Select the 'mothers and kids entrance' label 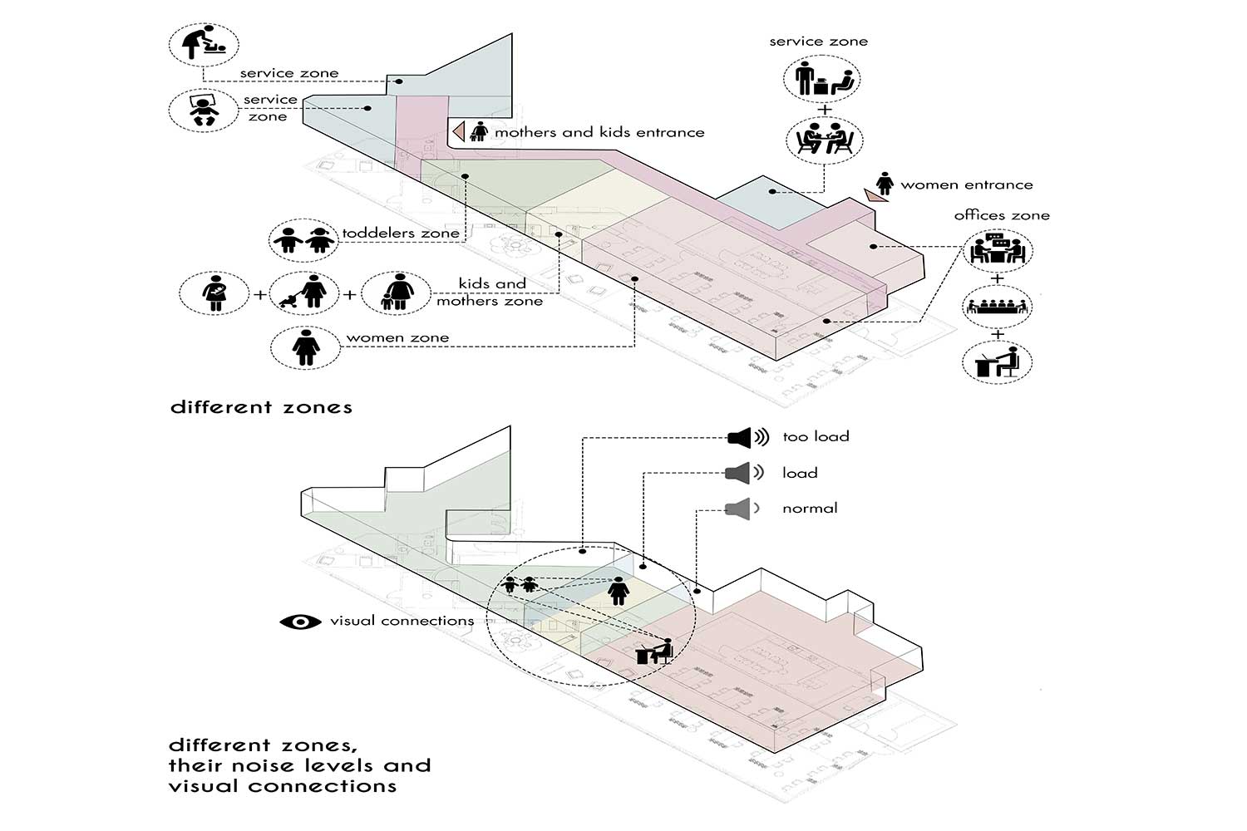point(599,132)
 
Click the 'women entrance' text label point(966,184)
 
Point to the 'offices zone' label point(1001,215)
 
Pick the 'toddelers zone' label point(401,234)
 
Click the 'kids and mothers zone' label point(490,293)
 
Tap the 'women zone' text point(397,337)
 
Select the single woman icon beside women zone point(305,346)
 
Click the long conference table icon point(998,307)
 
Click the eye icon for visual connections point(300,622)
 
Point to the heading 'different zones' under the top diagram point(261,407)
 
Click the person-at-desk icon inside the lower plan point(654,651)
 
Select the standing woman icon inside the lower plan point(618,591)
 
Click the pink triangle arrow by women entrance point(875,195)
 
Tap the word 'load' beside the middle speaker point(800,473)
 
